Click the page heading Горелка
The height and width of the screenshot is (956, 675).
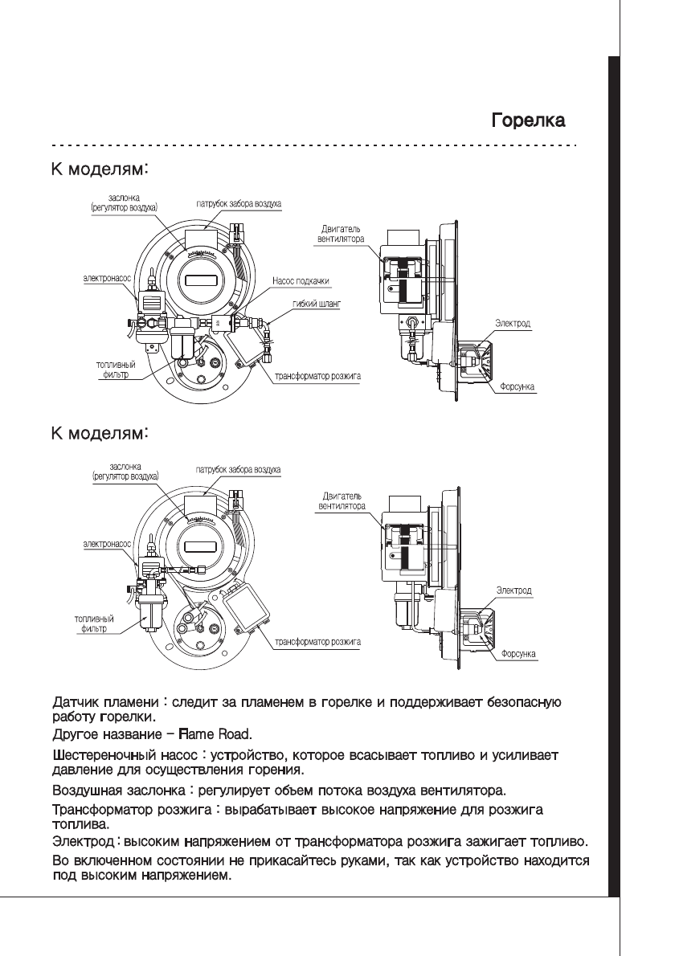point(528,122)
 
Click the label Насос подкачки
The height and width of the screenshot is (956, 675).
point(301,280)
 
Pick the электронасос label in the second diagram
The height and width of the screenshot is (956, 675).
point(108,544)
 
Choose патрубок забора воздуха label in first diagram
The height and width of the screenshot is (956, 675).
point(239,206)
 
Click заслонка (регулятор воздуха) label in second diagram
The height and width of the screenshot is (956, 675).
point(126,471)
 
